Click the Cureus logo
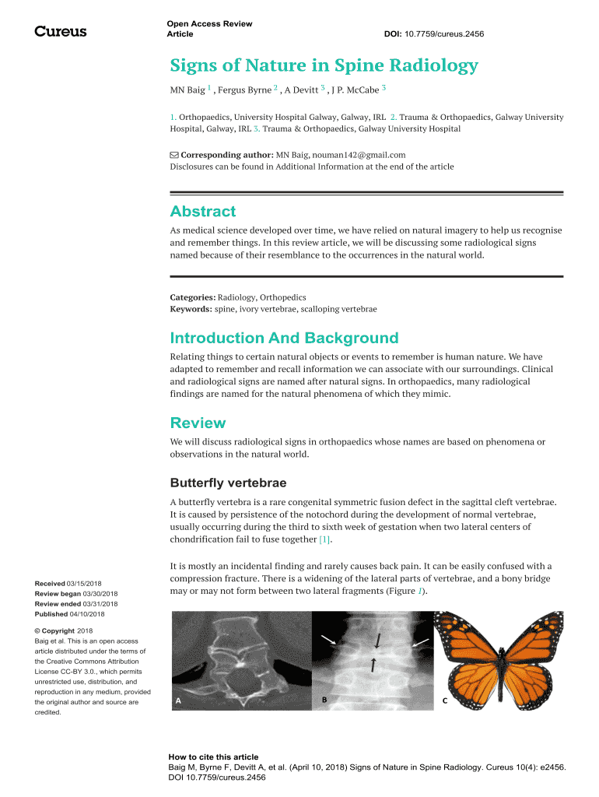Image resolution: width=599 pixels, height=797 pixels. coord(61,31)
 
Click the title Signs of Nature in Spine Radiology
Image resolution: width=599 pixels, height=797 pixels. coord(324,65)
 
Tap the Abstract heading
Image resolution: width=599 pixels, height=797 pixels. coord(202,212)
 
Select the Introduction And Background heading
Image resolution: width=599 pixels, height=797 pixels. coord(284,338)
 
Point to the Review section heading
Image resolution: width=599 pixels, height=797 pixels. coord(198,423)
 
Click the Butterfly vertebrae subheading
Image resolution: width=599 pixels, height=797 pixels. coord(228,483)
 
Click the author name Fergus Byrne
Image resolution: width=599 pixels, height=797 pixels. coord(243,90)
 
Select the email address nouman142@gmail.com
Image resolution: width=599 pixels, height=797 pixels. coord(359,155)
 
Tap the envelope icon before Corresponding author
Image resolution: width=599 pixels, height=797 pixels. coord(174,155)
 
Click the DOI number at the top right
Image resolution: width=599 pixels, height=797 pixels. coord(434,34)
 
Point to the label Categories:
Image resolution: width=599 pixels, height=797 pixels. coord(192,297)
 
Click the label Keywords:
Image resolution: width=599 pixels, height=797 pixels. coord(191,309)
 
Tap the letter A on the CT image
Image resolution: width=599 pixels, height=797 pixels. coord(178,700)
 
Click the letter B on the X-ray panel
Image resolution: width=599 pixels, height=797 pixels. coord(324,699)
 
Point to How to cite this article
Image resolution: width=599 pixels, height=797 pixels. coord(213,757)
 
